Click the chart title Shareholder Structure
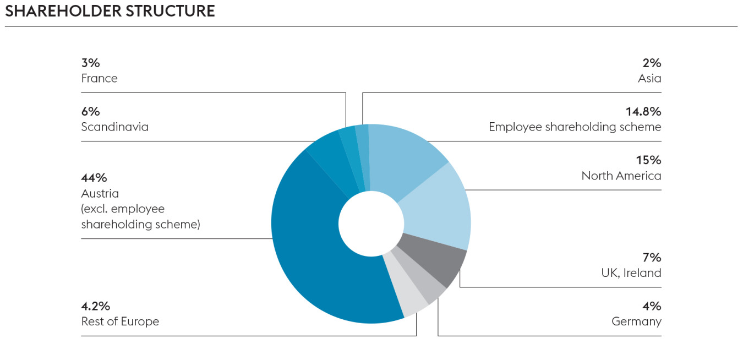pyautogui.click(x=110, y=11)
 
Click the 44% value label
pyautogui.click(x=94, y=178)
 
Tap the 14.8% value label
pyautogui.click(x=643, y=112)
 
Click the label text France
pyautogui.click(x=99, y=78)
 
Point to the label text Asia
pyautogui.click(x=649, y=78)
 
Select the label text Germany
pyautogui.click(x=636, y=321)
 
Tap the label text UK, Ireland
pyautogui.click(x=631, y=273)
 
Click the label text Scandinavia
pyautogui.click(x=114, y=127)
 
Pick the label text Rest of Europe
pyautogui.click(x=120, y=321)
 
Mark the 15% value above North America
pyautogui.click(x=648, y=160)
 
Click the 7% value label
pyautogui.click(x=652, y=258)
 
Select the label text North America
pyautogui.click(x=621, y=176)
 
